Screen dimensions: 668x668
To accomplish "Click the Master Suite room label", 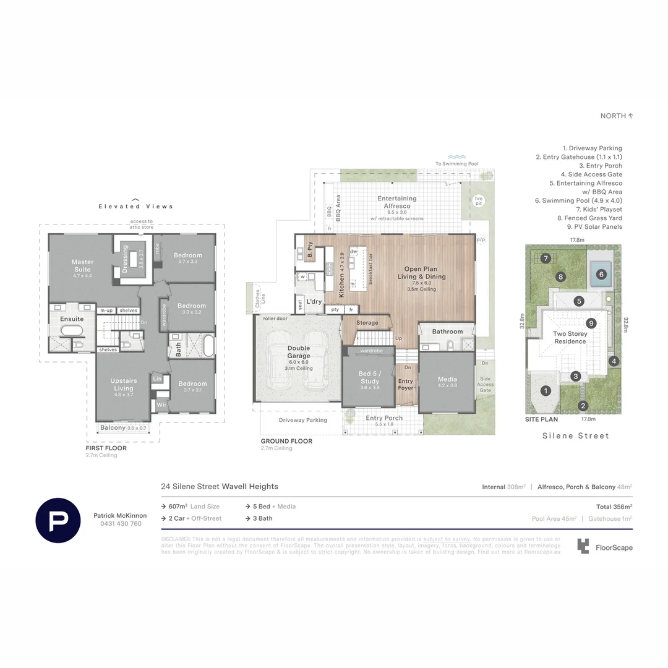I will pyautogui.click(x=82, y=265).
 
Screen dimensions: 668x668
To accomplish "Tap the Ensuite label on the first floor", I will pyautogui.click(x=72, y=319).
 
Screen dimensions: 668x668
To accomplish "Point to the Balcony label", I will pyautogui.click(x=113, y=427).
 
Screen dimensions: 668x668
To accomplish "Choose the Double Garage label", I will pyautogui.click(x=299, y=352).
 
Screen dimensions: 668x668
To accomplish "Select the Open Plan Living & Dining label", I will pyautogui.click(x=425, y=273).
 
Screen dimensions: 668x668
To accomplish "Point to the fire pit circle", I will pyautogui.click(x=478, y=200).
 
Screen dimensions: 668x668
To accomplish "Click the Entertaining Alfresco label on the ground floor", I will pyautogui.click(x=396, y=202).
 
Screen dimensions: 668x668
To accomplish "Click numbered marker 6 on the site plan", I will pyautogui.click(x=600, y=274).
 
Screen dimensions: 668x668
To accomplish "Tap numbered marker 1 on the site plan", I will pyautogui.click(x=546, y=390).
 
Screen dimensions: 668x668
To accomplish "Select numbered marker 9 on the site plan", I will pyautogui.click(x=591, y=322).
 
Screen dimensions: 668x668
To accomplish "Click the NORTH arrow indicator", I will pyautogui.click(x=617, y=116).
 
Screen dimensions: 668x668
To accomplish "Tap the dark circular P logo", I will pyautogui.click(x=58, y=519).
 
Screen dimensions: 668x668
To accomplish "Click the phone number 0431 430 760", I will pyautogui.click(x=121, y=524).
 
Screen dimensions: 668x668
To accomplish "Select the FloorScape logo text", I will pyautogui.click(x=614, y=547).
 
